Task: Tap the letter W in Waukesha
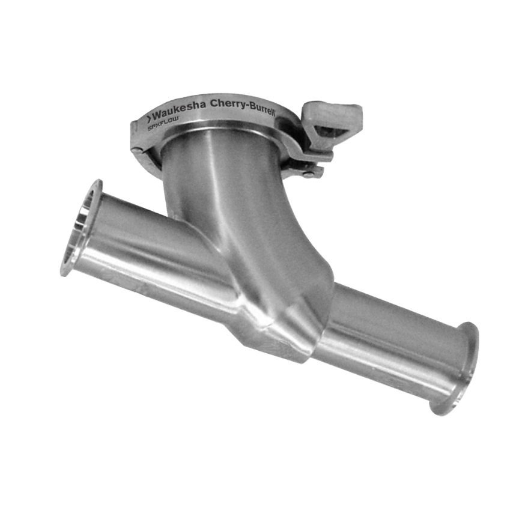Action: coord(158,116)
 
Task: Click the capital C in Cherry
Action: coord(214,105)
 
